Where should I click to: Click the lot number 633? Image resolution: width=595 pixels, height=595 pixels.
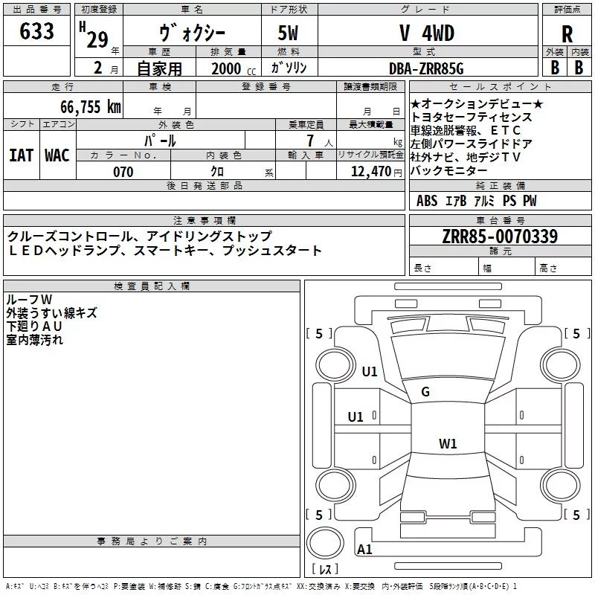(37, 32)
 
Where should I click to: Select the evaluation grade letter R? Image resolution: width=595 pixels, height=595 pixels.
(567, 34)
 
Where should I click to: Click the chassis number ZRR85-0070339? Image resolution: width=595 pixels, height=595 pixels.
(499, 237)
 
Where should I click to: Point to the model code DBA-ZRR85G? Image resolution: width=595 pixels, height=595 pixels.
(425, 68)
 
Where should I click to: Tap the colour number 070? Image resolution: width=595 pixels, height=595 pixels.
(123, 172)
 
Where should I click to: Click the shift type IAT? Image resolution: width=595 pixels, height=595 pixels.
(21, 155)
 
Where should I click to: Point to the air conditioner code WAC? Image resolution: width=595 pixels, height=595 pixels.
(57, 155)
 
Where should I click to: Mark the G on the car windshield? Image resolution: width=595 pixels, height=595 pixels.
(425, 392)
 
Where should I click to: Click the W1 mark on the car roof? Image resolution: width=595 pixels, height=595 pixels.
(448, 444)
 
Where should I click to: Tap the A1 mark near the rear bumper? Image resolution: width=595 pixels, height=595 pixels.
(364, 550)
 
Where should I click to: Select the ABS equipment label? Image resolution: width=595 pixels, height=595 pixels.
(427, 201)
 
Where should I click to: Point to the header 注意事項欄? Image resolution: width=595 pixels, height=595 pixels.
(204, 221)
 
